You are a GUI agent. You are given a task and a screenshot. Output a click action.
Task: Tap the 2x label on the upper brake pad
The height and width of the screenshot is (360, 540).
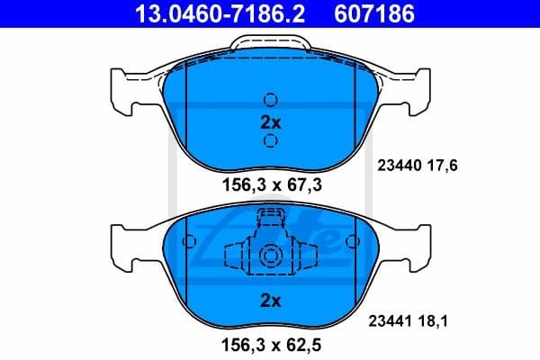[x=270, y=120]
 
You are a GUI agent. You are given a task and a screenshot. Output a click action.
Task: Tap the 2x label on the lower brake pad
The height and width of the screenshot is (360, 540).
[x=270, y=297]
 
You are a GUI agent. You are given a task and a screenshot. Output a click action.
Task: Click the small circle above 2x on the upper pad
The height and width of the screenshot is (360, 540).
[x=270, y=100]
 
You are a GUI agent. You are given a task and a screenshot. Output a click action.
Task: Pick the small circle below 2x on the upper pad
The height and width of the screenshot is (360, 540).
[x=270, y=140]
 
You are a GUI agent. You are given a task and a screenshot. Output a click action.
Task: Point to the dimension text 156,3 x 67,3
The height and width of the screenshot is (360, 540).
[x=270, y=185]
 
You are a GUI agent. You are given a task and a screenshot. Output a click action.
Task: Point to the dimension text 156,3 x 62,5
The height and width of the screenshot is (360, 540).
[x=270, y=343]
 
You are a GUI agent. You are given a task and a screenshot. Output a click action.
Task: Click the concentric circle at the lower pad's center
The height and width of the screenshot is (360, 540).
[x=270, y=257]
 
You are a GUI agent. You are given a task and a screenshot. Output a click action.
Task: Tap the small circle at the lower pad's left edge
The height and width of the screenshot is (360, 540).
[x=189, y=241]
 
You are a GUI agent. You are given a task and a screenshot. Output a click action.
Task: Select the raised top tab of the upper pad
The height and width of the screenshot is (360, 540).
[x=270, y=43]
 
